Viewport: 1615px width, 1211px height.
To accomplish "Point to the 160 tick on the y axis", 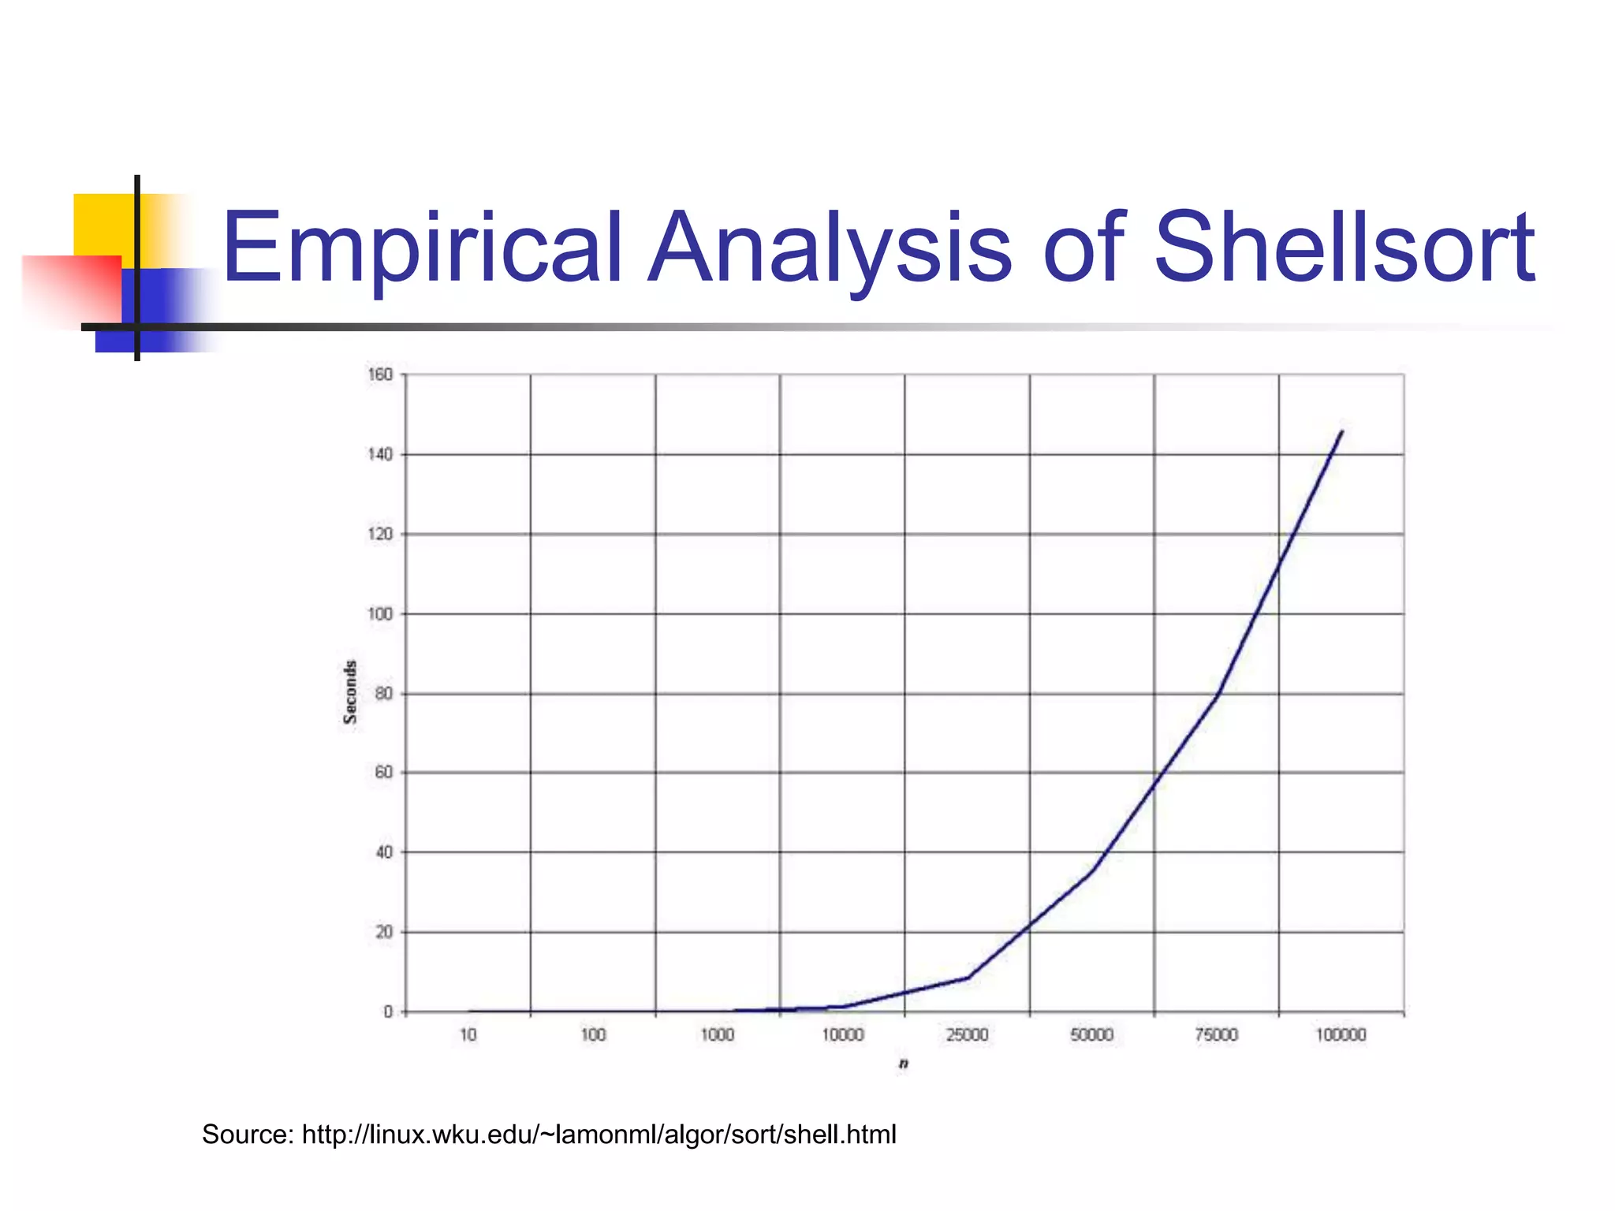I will click(x=380, y=374).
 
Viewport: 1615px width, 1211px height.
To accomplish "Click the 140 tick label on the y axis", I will click(x=380, y=454).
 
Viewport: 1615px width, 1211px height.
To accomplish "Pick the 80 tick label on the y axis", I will click(x=383, y=694).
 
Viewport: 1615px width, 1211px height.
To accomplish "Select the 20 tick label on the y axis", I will click(x=383, y=932).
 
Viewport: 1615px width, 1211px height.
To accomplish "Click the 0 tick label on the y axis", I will click(x=387, y=1012).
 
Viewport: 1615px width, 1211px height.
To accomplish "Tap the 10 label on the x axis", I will click(x=468, y=1035).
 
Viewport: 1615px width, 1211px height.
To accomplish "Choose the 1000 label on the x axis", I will click(x=718, y=1035).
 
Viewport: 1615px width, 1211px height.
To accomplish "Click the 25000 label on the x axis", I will click(x=967, y=1035).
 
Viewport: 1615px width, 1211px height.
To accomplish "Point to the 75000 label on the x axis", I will click(x=1217, y=1035).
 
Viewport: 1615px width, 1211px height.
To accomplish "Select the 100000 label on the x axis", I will click(x=1341, y=1035).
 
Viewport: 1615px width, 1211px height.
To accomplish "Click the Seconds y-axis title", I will click(x=350, y=692).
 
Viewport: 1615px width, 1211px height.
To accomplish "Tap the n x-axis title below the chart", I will click(x=904, y=1064).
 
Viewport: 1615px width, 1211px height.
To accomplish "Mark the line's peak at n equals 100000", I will click(x=1341, y=431).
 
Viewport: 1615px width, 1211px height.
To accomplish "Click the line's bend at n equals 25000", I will click(x=968, y=978).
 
